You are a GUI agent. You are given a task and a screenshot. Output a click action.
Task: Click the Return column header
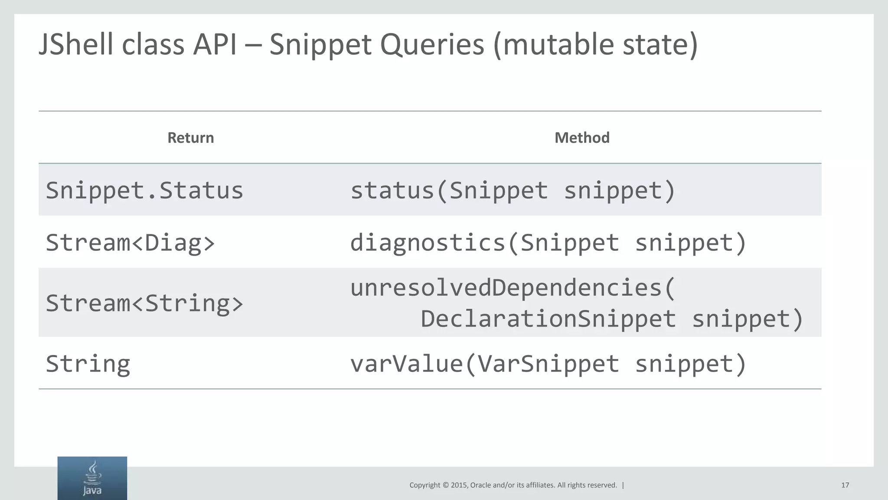191,138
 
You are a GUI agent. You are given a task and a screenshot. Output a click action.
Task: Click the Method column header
582,138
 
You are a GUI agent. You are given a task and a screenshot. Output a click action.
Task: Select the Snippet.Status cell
144,191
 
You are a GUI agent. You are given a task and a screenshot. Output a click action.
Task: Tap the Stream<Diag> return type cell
130,242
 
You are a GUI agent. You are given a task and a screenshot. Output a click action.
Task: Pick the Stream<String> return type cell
144,303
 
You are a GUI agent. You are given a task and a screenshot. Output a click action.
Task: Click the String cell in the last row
88,364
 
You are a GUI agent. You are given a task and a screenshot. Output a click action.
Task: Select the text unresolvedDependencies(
513,288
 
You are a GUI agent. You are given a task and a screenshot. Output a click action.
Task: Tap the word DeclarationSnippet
548,319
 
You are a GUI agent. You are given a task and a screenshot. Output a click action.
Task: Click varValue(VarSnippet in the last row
484,364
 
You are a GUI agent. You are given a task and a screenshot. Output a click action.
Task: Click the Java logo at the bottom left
92,478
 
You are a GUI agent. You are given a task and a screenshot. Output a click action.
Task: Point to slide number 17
845,485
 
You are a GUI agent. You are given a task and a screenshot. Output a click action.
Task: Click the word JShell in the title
76,45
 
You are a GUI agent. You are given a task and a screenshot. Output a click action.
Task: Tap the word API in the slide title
215,45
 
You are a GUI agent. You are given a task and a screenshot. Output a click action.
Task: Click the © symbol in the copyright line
445,485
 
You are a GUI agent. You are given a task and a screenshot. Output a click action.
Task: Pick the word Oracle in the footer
481,485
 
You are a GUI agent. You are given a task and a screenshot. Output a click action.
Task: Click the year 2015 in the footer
459,485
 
